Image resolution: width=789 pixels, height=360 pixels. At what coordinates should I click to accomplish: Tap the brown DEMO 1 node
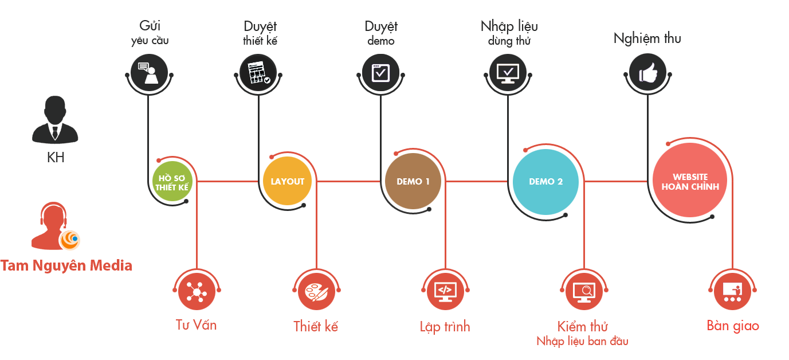(x=413, y=181)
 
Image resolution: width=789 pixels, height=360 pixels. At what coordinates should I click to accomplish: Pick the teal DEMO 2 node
(x=545, y=182)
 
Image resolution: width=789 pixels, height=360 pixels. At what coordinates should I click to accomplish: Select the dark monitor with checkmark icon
(x=508, y=73)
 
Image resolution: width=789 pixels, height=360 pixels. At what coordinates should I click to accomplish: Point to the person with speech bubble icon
(x=148, y=73)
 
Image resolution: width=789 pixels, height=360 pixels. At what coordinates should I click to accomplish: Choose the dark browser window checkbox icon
(x=381, y=73)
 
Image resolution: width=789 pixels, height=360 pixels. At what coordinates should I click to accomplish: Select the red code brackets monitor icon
(x=445, y=291)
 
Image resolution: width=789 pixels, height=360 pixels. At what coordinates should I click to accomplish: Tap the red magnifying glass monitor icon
(x=584, y=292)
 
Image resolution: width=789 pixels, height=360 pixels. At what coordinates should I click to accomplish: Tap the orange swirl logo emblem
(x=70, y=240)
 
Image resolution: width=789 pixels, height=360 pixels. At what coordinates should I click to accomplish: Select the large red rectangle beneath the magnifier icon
(x=582, y=334)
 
